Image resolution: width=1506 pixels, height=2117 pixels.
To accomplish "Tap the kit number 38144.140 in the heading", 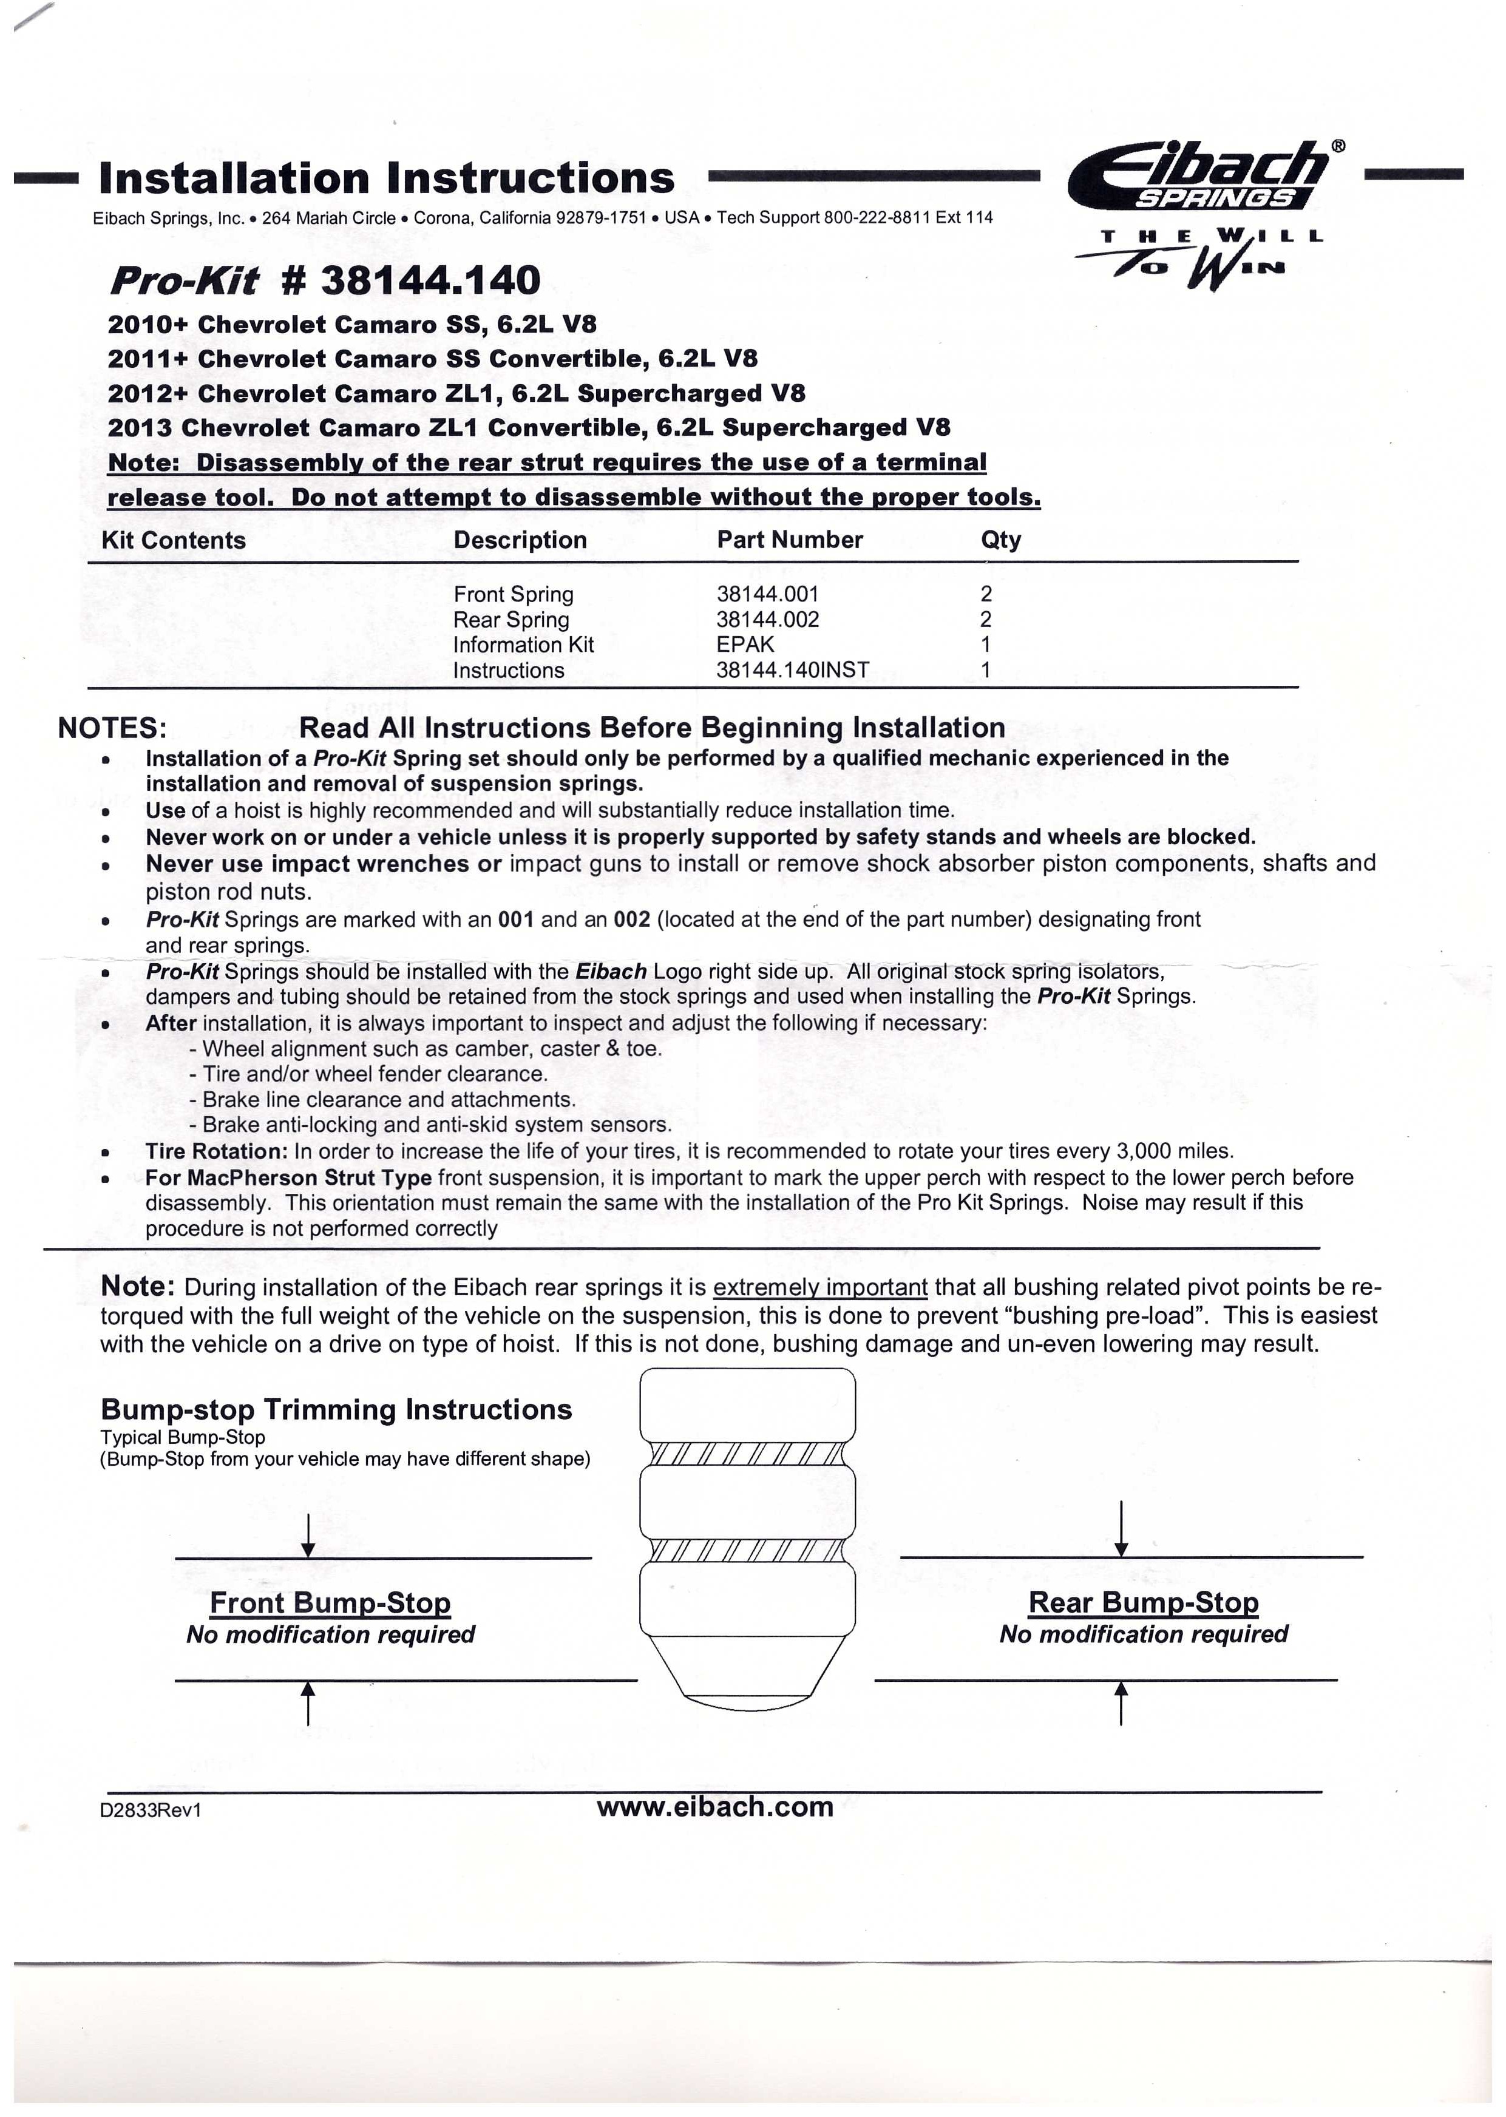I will [411, 280].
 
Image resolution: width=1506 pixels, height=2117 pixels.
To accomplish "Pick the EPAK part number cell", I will [745, 645].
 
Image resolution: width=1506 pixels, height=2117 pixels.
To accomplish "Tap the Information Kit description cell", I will [523, 645].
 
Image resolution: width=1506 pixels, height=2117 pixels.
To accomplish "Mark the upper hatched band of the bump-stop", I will [747, 1454].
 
